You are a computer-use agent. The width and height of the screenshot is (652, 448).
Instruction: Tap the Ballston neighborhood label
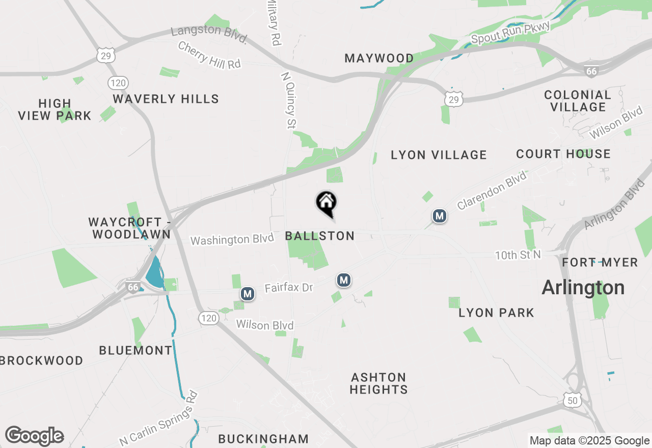[319, 236]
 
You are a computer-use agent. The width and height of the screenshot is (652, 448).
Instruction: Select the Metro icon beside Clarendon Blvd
[439, 216]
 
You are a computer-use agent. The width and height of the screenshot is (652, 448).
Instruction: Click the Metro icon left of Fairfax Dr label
[248, 294]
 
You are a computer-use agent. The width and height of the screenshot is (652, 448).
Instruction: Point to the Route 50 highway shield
[573, 401]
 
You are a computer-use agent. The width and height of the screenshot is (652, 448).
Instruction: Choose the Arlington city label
[583, 288]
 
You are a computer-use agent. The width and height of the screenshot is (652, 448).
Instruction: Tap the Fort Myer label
[600, 262]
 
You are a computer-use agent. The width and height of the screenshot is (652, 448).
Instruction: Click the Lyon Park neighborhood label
[496, 313]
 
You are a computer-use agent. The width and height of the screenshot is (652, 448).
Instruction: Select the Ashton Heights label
[379, 383]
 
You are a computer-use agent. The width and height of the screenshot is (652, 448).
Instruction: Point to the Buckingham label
[263, 439]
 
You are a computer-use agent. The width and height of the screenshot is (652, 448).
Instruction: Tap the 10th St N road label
[518, 255]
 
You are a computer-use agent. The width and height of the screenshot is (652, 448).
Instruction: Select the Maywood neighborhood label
[379, 58]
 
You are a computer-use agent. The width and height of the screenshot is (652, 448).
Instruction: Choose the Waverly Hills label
[166, 99]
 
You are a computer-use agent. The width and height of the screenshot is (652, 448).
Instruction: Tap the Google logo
[34, 436]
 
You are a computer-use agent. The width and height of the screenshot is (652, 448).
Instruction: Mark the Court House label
[563, 154]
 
